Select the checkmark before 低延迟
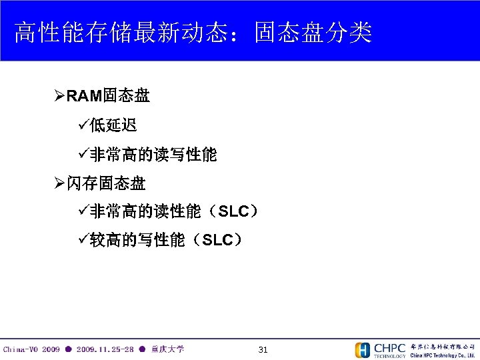click(83, 126)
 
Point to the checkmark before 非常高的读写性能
click(83, 155)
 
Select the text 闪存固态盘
click(106, 183)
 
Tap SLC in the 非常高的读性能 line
click(233, 212)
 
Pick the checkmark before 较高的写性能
click(83, 240)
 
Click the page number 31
click(263, 349)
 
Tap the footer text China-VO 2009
click(31, 349)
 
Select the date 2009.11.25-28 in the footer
click(105, 349)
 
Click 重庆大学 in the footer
click(167, 349)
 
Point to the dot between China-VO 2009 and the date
click(69, 349)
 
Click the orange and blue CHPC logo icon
click(363, 350)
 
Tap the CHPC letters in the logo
click(389, 347)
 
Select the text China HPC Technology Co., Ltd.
click(442, 355)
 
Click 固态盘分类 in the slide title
click(313, 31)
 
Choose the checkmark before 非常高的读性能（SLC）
click(83, 212)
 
